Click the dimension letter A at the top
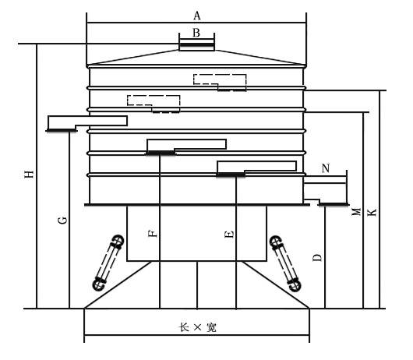pyautogui.click(x=197, y=16)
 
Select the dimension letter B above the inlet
pyautogui.click(x=196, y=33)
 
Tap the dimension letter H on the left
pyautogui.click(x=30, y=174)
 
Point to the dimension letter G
pyautogui.click(x=62, y=220)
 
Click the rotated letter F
pyautogui.click(x=153, y=233)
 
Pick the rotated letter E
pyautogui.click(x=229, y=234)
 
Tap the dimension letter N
pyautogui.click(x=326, y=168)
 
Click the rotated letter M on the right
pyautogui.click(x=356, y=212)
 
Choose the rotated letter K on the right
pyautogui.click(x=372, y=212)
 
